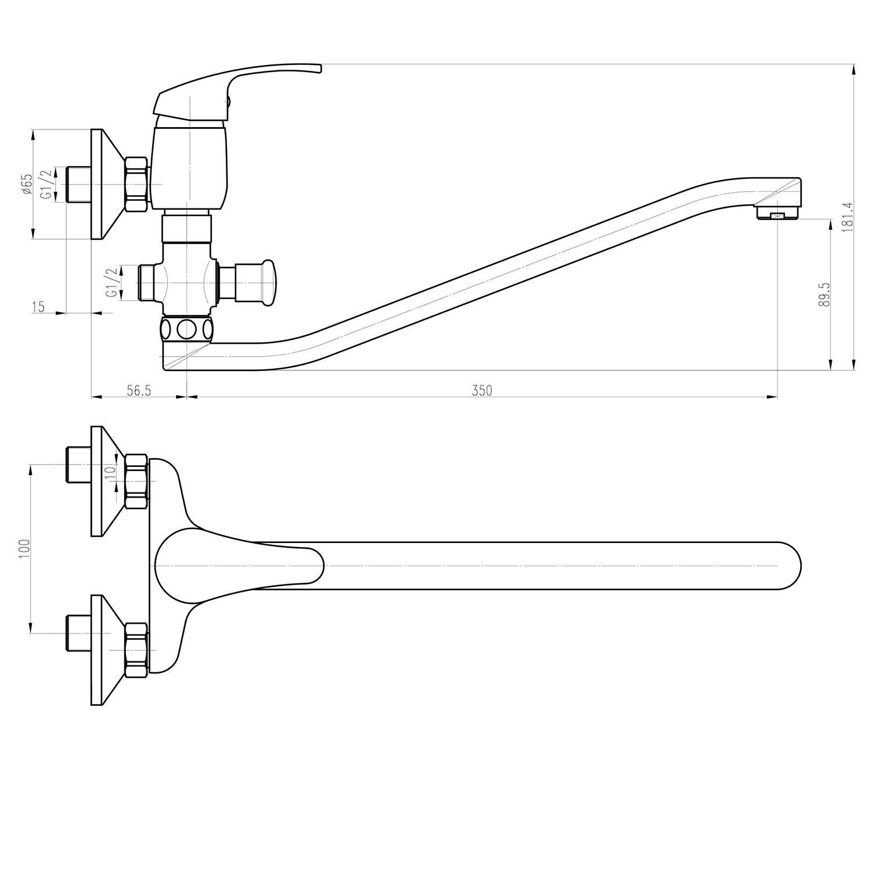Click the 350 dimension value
tap(482, 391)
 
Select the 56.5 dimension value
tap(139, 391)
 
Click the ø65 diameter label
tap(26, 184)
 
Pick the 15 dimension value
tap(38, 307)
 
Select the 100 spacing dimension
tap(24, 549)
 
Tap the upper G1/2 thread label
tap(46, 185)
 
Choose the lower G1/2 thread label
tap(111, 282)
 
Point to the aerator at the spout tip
tap(777, 215)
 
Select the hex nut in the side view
tap(137, 185)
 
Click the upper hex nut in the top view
tap(137, 482)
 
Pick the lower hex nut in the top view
tap(137, 650)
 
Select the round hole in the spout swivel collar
tap(186, 330)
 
